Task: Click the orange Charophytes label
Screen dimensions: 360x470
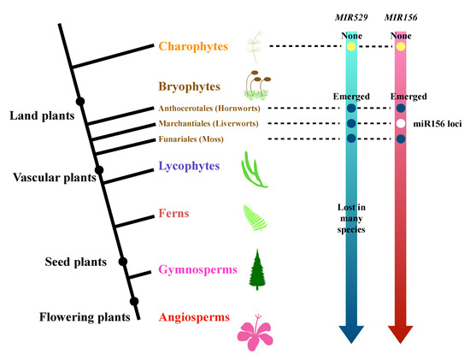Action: (194, 46)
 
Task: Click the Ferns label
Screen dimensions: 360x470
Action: (174, 215)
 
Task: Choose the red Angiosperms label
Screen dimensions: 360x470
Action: (193, 317)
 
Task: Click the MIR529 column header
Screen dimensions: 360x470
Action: (351, 17)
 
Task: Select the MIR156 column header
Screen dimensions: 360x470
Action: (401, 17)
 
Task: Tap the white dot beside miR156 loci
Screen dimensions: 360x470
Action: (401, 124)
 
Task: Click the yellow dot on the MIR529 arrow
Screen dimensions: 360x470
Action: (351, 46)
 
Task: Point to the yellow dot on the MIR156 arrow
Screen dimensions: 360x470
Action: (401, 46)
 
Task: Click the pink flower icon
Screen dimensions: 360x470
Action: (257, 328)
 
